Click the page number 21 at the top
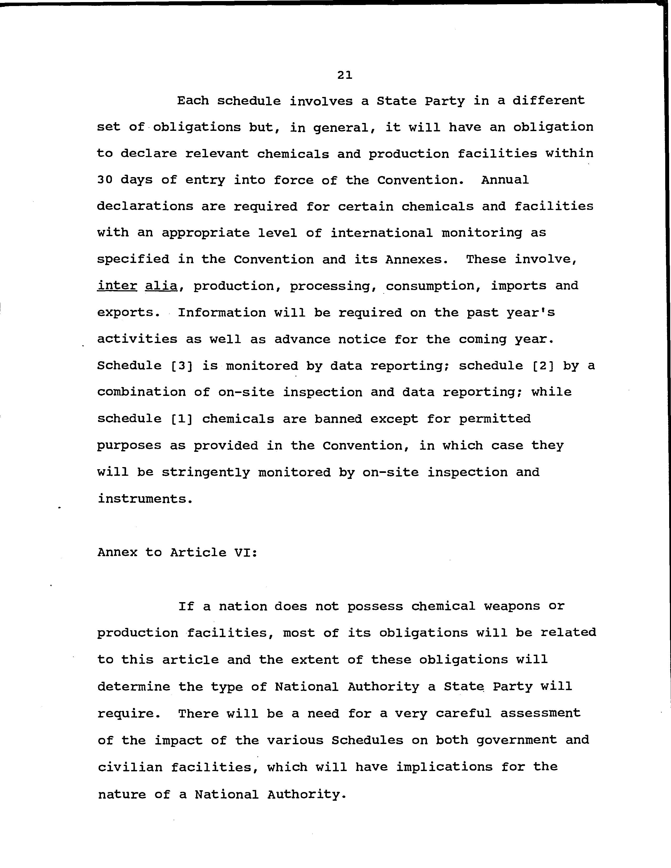click(x=344, y=75)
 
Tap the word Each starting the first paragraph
click(x=193, y=101)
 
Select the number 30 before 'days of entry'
click(x=105, y=180)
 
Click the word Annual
click(x=505, y=180)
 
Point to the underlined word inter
click(x=117, y=286)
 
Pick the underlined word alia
click(x=161, y=286)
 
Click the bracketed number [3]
click(x=181, y=366)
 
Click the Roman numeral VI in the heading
click(x=242, y=552)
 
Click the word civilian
click(x=130, y=767)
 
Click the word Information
click(x=221, y=313)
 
